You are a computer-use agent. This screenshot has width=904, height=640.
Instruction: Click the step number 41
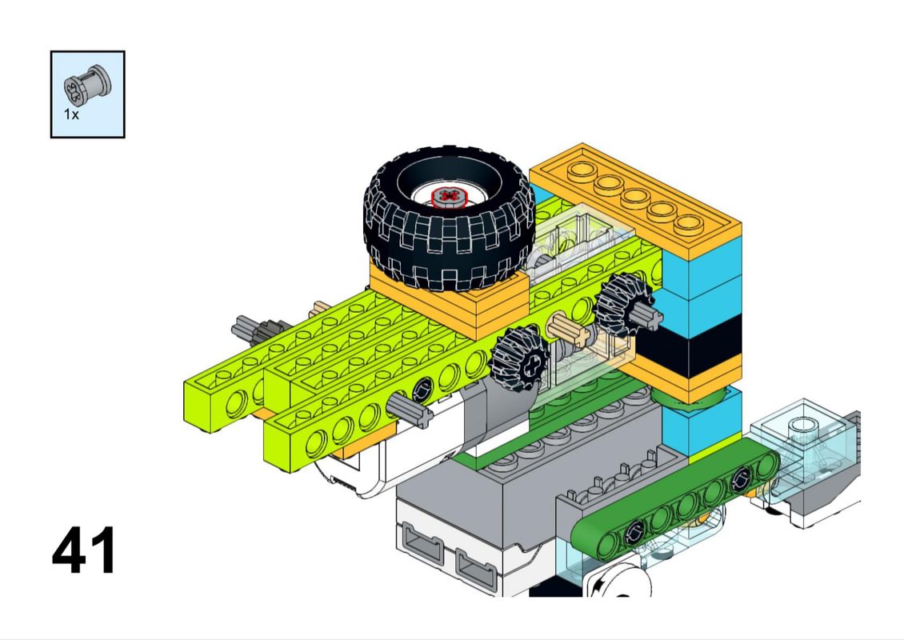tap(84, 550)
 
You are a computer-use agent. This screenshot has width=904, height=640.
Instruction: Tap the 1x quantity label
tap(71, 114)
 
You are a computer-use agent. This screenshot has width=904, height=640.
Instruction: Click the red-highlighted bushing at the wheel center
tap(449, 197)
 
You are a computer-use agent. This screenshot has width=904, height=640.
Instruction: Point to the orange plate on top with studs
tap(634, 197)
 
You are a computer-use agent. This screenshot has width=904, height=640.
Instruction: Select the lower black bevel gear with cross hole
tap(521, 358)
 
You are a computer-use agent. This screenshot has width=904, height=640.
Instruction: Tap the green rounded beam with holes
tap(674, 499)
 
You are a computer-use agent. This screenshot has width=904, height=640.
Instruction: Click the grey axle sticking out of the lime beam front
tap(410, 410)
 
